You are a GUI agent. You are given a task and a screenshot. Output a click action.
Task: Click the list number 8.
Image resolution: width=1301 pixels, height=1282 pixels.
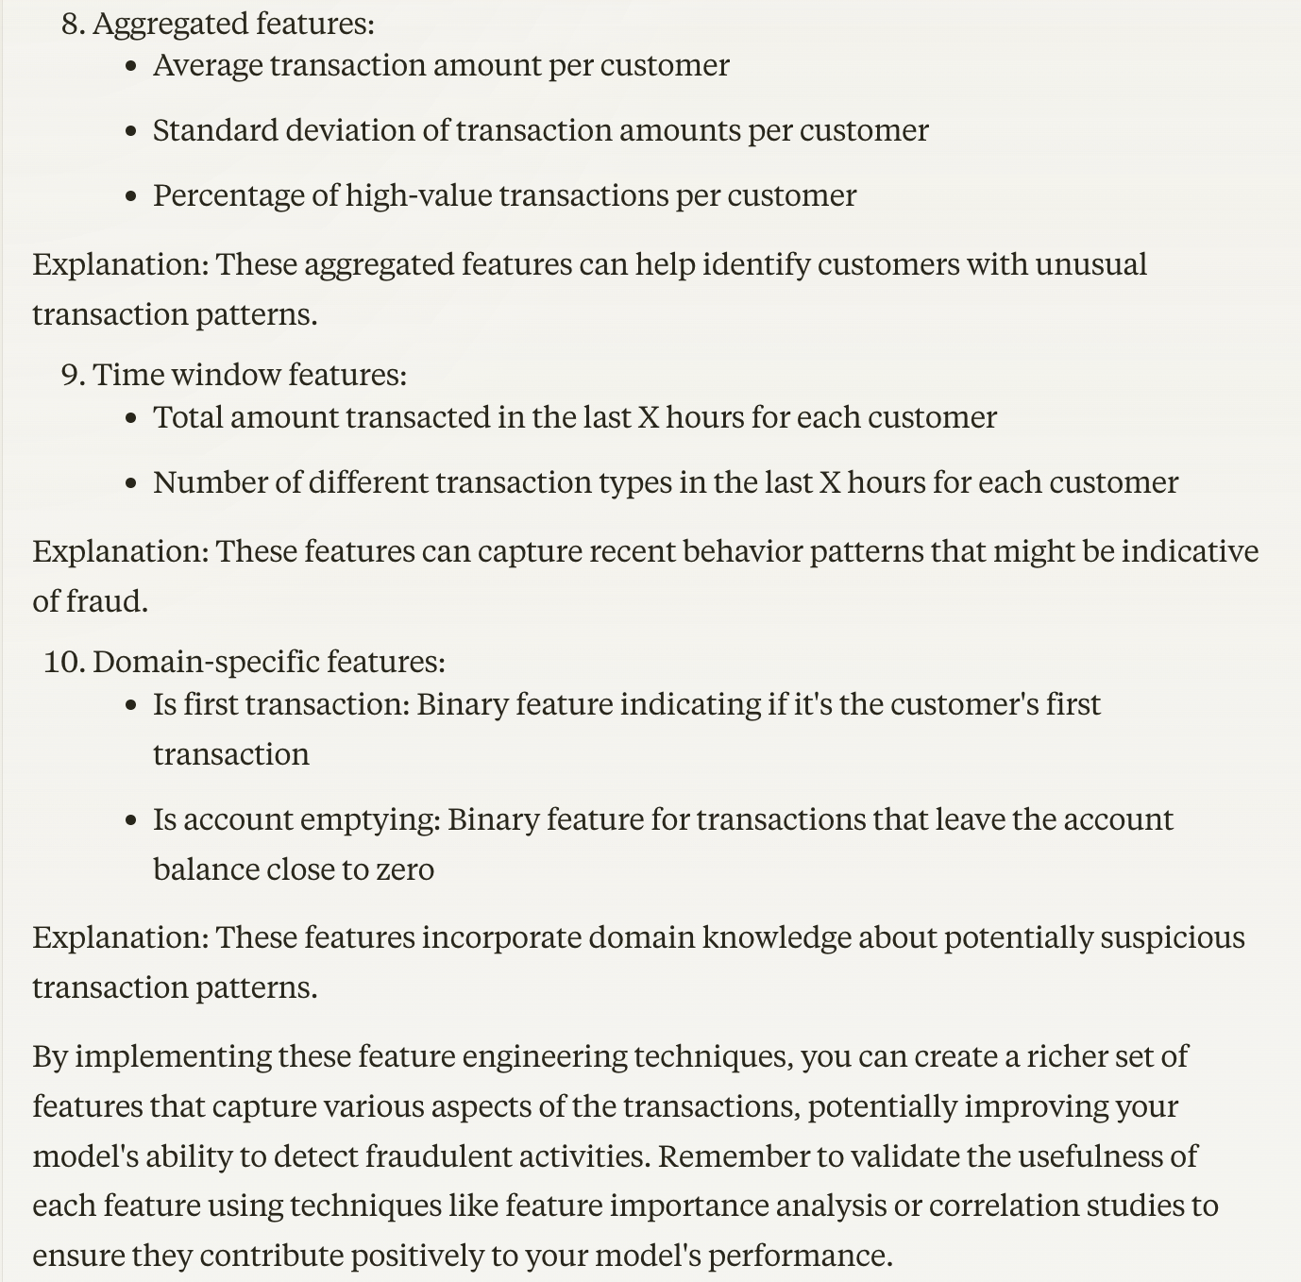[72, 24]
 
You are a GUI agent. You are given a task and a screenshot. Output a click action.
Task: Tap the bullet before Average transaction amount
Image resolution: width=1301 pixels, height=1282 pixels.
[131, 66]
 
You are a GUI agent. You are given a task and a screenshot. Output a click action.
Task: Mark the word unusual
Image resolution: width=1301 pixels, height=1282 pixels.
[1090, 264]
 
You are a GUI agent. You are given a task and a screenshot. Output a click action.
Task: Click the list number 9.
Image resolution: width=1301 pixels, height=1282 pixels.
[72, 375]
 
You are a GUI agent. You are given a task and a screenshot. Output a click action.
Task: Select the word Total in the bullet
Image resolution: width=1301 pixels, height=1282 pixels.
[188, 417]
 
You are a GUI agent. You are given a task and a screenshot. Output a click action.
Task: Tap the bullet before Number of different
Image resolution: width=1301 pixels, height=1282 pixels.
[131, 483]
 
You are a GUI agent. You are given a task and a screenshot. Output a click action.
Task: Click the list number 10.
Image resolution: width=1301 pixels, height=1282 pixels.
[64, 662]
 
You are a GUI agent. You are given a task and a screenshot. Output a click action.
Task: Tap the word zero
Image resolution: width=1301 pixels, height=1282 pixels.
[405, 869]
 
